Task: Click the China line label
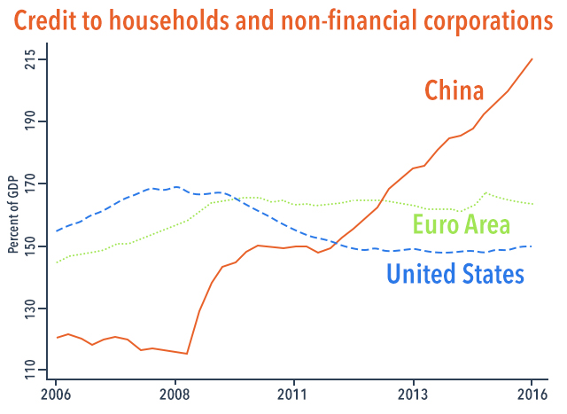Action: point(454,90)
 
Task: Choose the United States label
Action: point(455,274)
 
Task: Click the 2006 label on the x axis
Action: point(56,394)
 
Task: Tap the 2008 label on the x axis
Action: point(175,394)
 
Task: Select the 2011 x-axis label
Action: point(293,394)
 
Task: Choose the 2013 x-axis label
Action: point(413,394)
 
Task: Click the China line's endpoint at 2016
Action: point(532,59)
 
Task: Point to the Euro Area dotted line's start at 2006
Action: point(57,262)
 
